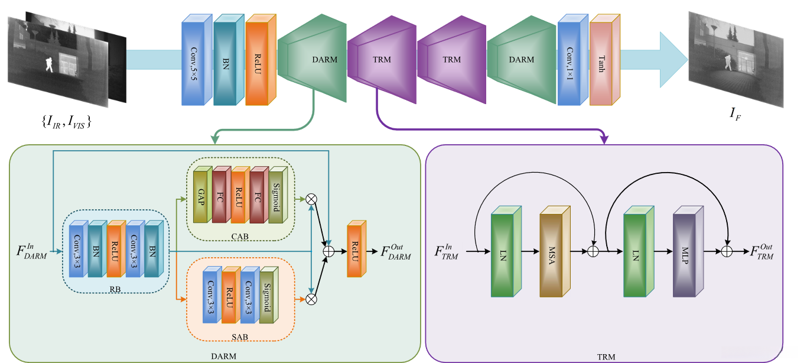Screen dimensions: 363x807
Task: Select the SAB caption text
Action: point(239,337)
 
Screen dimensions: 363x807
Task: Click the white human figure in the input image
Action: point(50,64)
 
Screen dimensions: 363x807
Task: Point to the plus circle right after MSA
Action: point(594,252)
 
